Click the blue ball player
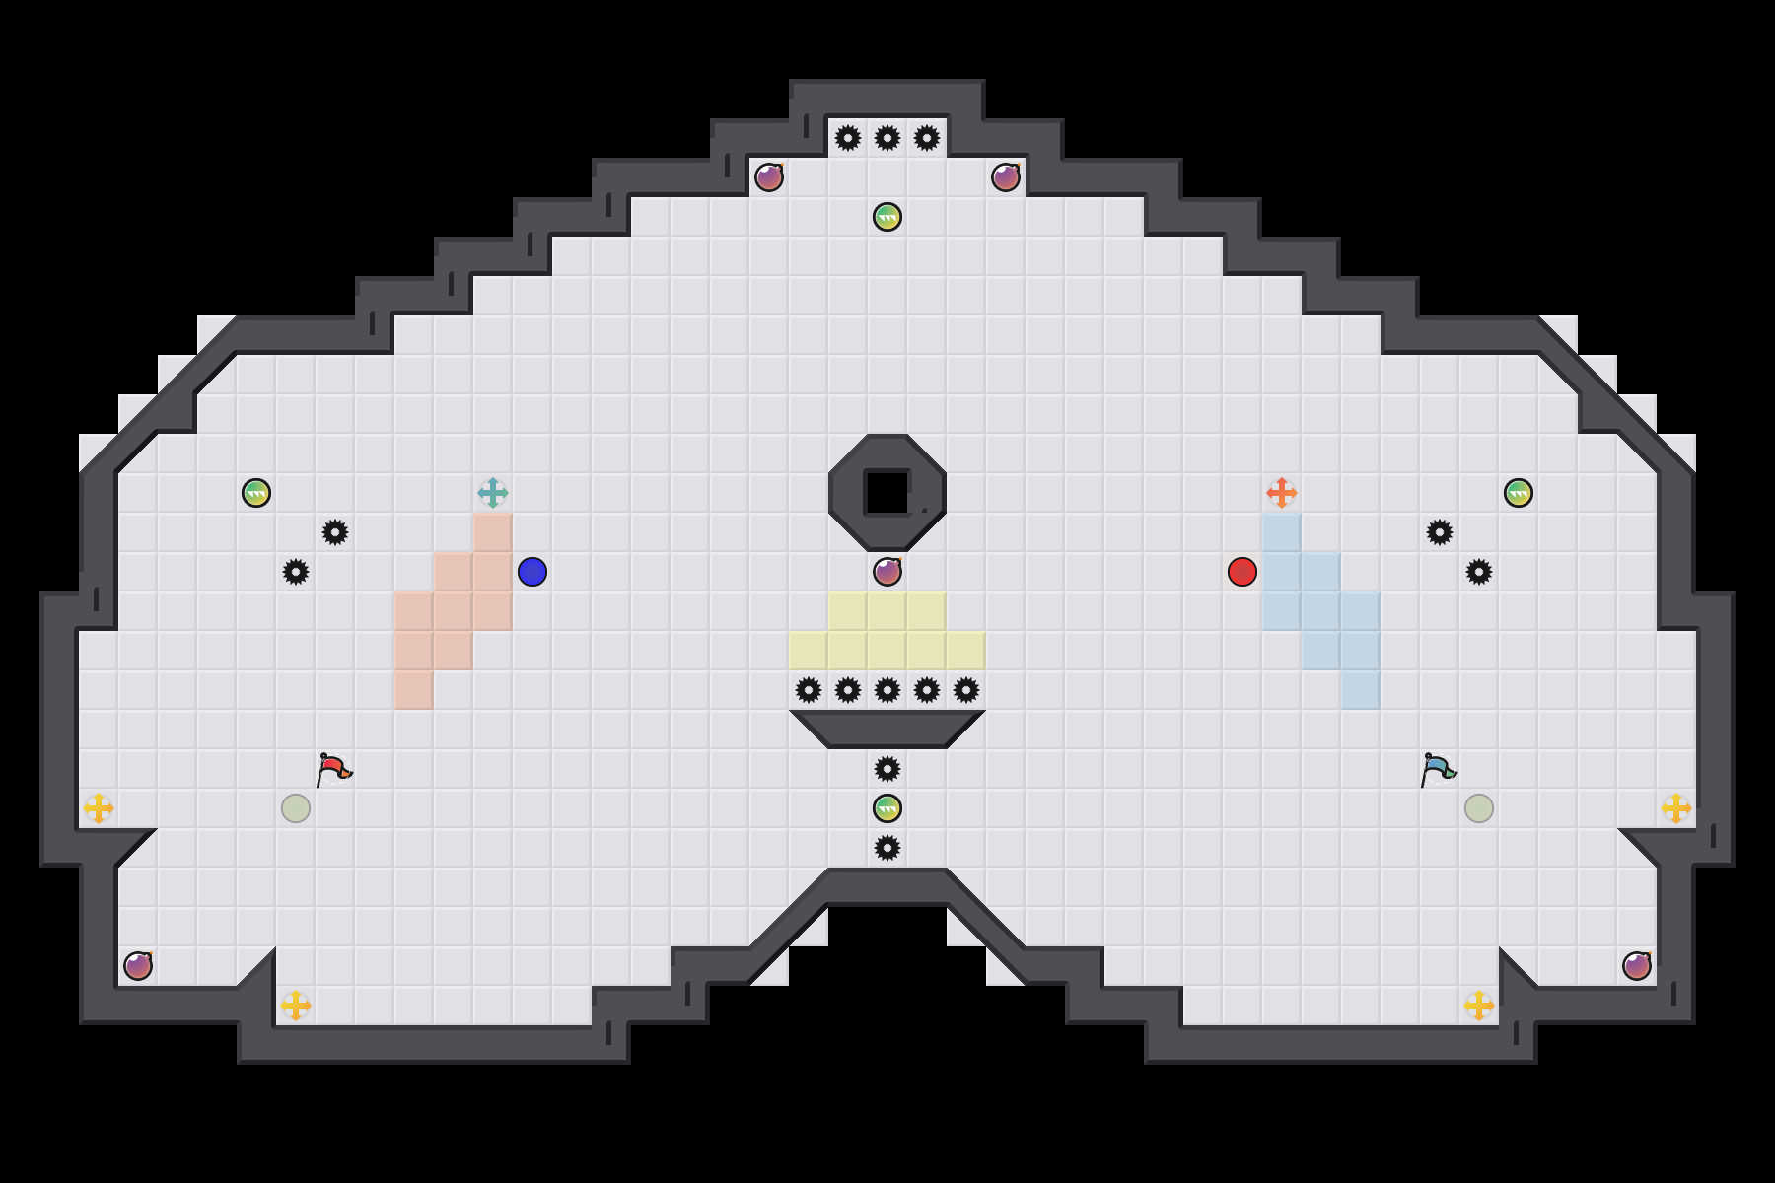532,572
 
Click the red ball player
1242,572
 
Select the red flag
333,768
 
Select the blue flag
1438,768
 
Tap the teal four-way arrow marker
493,493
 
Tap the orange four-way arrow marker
1282,493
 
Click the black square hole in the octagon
887,493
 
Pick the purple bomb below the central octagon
887,572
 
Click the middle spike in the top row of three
887,138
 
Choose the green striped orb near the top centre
887,217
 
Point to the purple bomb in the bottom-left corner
138,966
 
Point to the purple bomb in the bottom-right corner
1637,966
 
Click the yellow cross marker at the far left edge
99,808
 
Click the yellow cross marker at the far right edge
1676,808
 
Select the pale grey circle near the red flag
296,808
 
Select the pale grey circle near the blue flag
1479,808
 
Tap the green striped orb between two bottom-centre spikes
887,808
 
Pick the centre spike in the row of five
887,690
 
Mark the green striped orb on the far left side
256,493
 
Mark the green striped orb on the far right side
1519,493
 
